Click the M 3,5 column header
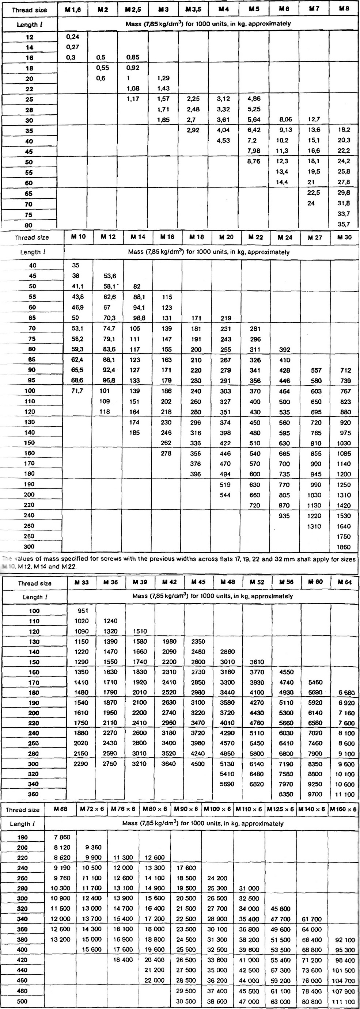coord(193,9)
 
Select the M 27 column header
coord(315,237)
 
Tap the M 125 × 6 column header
coord(280,809)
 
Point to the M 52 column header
coord(257,582)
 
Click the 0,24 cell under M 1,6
coord(72,37)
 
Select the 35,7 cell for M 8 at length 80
coord(344,224)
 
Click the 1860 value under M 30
coord(344,547)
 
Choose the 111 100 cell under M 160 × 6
coord(343,1001)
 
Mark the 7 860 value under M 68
coord(62,837)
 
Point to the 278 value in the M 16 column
coord(167,453)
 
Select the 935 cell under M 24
coord(284,515)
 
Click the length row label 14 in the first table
coord(29,47)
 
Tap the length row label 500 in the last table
coord(22,1001)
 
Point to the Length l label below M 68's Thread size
coord(22,823)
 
